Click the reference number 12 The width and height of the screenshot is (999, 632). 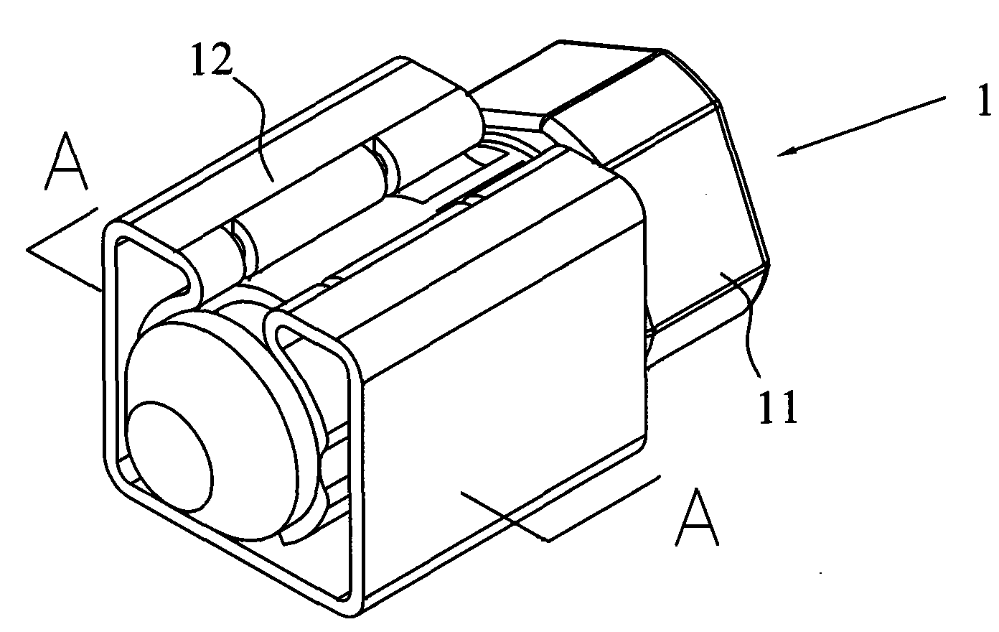coord(212,60)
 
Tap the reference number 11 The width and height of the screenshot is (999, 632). coord(778,406)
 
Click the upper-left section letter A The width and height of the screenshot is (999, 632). coord(66,161)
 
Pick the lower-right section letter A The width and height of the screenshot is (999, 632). coord(697,516)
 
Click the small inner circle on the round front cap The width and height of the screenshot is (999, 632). coord(170,456)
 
